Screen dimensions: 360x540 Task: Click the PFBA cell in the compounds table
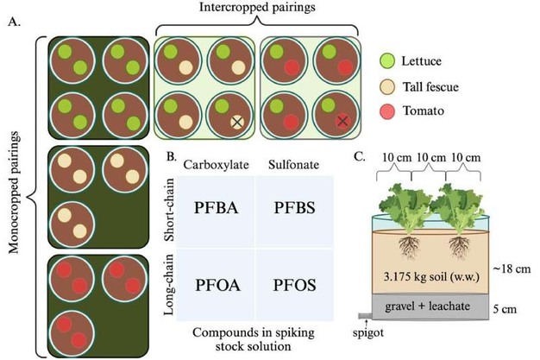(202, 210)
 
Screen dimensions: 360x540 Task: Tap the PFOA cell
(202, 285)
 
